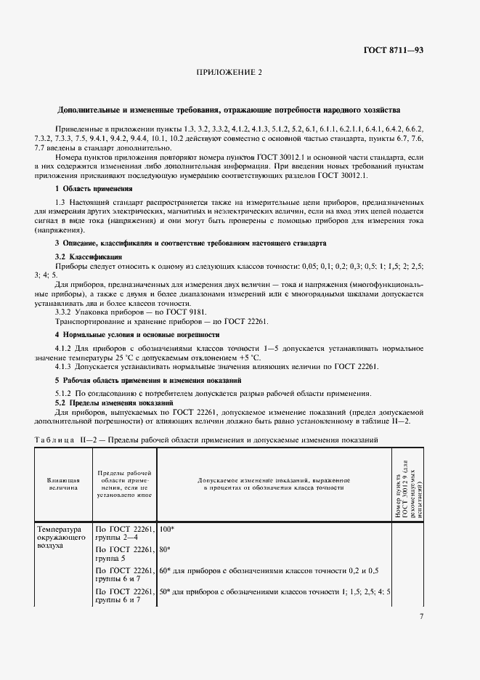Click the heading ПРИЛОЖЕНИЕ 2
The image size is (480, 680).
[229, 73]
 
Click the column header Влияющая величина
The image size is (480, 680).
[62, 485]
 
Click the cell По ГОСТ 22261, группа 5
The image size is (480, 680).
[124, 556]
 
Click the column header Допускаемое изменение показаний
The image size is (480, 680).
[274, 485]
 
